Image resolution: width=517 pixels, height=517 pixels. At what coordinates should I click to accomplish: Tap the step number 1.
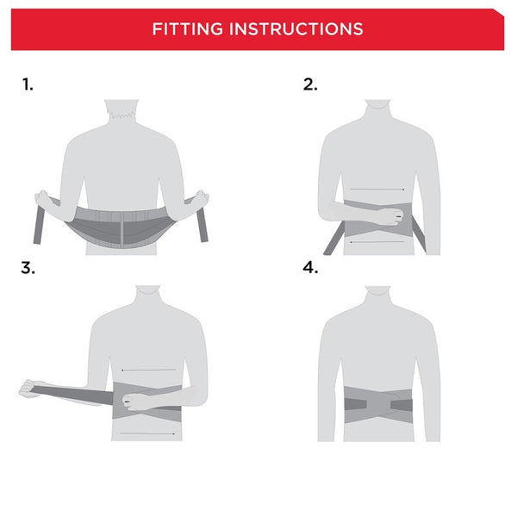(x=28, y=84)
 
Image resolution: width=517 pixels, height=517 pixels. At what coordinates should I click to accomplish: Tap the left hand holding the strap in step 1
(x=43, y=198)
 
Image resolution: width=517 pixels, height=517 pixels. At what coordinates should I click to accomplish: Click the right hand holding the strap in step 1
(x=201, y=198)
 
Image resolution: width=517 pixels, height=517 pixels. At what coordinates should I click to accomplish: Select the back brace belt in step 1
(x=121, y=226)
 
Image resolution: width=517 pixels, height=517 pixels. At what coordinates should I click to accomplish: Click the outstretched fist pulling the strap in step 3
(x=32, y=388)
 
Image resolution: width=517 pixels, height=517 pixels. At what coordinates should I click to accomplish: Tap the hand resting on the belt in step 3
(x=138, y=401)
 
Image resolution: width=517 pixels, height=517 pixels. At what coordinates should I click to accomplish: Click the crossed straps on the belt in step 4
(x=377, y=402)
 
